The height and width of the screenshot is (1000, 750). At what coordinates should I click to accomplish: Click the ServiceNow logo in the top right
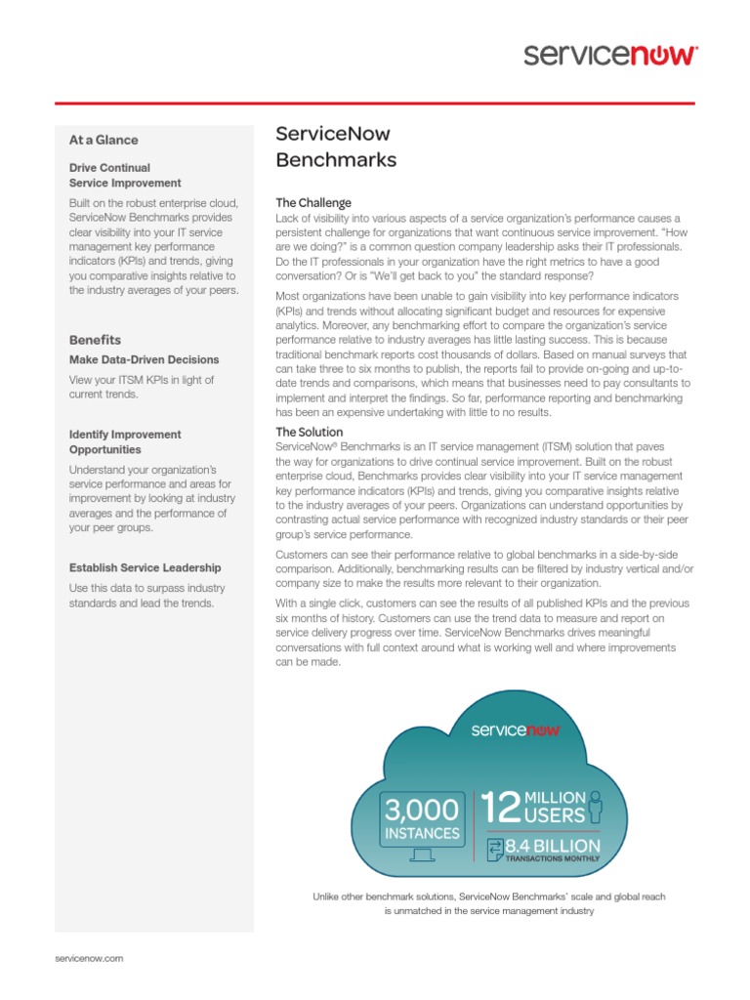[x=610, y=55]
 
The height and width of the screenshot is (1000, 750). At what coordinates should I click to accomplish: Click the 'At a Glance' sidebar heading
[x=104, y=140]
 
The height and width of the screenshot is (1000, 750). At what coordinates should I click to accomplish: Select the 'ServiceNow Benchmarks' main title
[x=336, y=147]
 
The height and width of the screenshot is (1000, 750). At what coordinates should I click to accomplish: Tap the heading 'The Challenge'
[x=313, y=203]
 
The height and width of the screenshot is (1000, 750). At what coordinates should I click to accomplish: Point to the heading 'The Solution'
[x=310, y=432]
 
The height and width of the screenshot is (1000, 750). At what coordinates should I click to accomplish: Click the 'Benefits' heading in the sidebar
[x=96, y=340]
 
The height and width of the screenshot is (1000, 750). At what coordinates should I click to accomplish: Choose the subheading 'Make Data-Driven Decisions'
[x=145, y=359]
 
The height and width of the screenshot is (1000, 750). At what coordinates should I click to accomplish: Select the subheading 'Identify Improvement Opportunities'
[x=125, y=442]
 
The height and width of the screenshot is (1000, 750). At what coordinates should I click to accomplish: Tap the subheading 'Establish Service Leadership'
[x=145, y=567]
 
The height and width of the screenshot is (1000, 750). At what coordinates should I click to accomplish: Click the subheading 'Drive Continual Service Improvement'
[x=125, y=176]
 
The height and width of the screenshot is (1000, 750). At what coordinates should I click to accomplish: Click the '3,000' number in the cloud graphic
[x=421, y=810]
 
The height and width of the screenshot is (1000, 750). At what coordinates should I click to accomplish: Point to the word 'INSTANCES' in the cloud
[x=421, y=833]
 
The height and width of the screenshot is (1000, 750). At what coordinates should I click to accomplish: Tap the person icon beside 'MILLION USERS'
[x=595, y=805]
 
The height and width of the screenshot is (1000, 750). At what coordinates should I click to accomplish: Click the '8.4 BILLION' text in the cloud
[x=553, y=845]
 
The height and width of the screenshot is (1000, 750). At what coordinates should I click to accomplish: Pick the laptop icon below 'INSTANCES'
[x=421, y=855]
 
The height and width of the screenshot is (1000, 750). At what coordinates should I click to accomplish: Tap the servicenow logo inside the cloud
[x=516, y=729]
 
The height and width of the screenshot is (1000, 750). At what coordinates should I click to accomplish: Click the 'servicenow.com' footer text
[x=89, y=959]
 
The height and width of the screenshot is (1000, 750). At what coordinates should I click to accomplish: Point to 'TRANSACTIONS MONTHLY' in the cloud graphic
[x=553, y=859]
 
